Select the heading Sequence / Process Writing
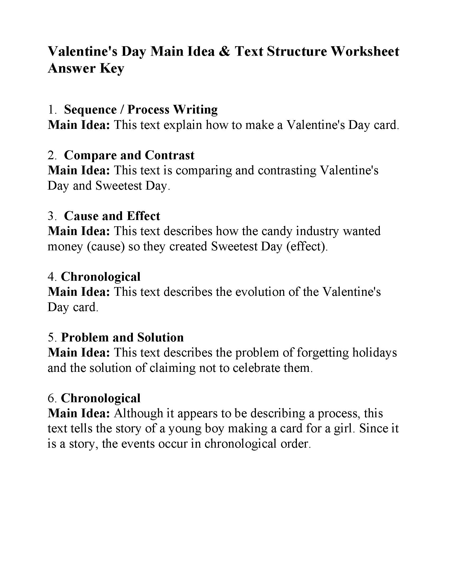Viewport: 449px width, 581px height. [x=141, y=110]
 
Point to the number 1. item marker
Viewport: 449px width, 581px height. [x=52, y=110]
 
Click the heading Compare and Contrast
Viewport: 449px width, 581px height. [x=129, y=155]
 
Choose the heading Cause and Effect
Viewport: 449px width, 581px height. [x=112, y=216]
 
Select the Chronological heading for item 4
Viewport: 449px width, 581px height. [x=101, y=277]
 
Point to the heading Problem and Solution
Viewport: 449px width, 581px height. [x=122, y=337]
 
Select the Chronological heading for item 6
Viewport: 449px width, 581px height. [x=101, y=398]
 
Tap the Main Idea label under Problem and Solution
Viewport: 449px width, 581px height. [x=79, y=353]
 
